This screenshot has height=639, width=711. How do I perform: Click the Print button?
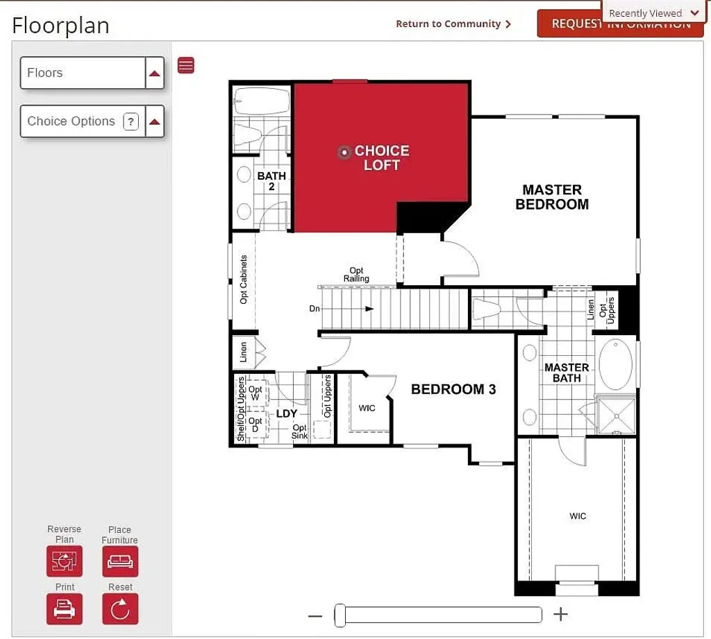coord(65,608)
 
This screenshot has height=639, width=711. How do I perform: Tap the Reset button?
coord(120,608)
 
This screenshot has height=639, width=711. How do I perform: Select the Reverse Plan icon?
coord(65,561)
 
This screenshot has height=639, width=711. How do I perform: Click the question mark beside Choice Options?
coord(131,121)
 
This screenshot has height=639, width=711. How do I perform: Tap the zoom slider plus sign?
coord(560,614)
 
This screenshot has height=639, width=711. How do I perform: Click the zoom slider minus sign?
coord(315,615)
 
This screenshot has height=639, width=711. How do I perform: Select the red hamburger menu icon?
coord(186,65)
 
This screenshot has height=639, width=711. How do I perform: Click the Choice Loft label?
coord(381,158)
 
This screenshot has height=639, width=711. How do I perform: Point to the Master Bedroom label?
coord(552,197)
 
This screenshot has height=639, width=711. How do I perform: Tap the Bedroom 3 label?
coord(453,389)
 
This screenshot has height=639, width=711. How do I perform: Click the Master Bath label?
coord(567,373)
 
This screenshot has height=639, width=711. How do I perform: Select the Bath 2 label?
coord(271,181)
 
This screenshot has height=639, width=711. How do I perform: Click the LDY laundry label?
coord(287,414)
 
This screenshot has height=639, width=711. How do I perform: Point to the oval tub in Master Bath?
coord(617,364)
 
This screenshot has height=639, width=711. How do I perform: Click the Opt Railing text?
coord(356,275)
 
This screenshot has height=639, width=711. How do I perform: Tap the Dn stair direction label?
coord(315,309)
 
